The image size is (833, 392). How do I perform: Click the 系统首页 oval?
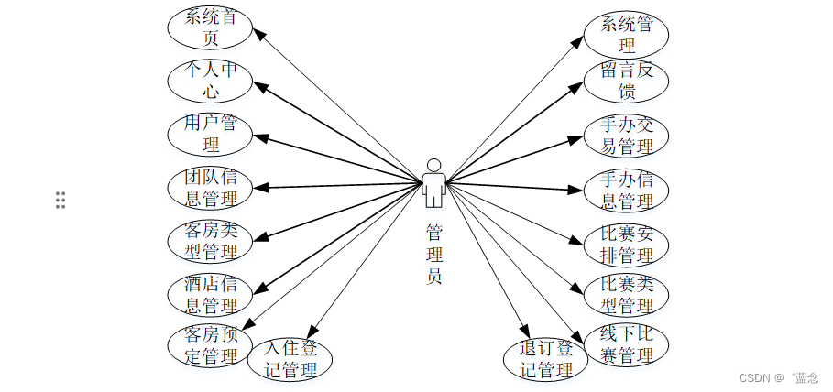210,27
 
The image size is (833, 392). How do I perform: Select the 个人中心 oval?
210,81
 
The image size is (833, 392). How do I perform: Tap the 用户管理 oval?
210,134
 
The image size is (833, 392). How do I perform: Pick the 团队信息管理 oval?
210,187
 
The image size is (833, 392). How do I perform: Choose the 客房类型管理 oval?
210,240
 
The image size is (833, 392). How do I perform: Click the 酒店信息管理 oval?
210,293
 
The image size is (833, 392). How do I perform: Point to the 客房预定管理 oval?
210,345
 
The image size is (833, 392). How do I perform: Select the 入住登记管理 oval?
290,359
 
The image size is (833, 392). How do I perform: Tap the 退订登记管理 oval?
545,359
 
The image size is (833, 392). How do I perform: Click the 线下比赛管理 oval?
626,344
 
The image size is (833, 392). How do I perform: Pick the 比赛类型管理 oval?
626,294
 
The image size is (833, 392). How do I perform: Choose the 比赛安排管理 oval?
626,243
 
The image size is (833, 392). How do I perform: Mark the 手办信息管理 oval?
626,190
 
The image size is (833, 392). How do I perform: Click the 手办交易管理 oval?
626,135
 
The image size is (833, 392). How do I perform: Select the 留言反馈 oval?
626,81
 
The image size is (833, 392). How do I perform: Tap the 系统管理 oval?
626,34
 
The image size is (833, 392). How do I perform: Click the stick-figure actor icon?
433,181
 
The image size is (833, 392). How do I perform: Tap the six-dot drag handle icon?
60,200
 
